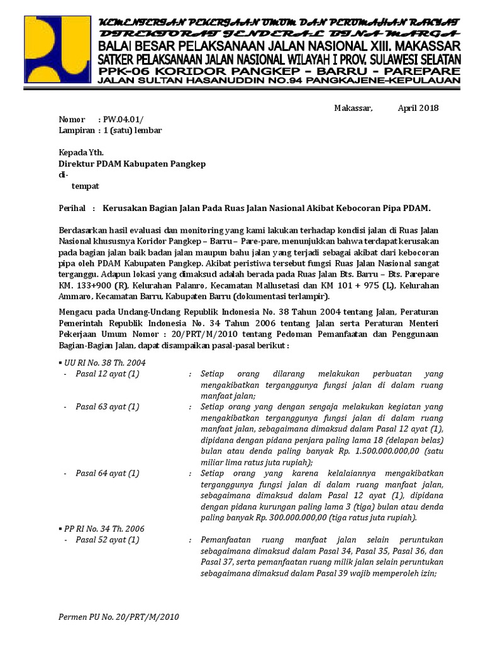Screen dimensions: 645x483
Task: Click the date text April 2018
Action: (418, 108)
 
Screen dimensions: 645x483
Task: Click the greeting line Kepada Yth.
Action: (81, 152)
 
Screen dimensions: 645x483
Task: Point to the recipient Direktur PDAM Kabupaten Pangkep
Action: (132, 164)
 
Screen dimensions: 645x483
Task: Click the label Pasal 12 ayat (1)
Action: (108, 374)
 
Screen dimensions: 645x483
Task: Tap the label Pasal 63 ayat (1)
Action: (108, 407)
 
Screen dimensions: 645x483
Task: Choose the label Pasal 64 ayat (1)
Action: (108, 473)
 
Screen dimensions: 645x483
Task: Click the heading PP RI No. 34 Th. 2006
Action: (105, 528)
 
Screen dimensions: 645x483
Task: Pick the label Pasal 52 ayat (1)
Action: (108, 540)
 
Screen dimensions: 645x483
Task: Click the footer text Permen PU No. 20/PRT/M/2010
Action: (119, 617)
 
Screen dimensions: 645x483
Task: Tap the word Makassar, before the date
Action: (353, 108)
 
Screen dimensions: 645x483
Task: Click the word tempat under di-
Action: (86, 186)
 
